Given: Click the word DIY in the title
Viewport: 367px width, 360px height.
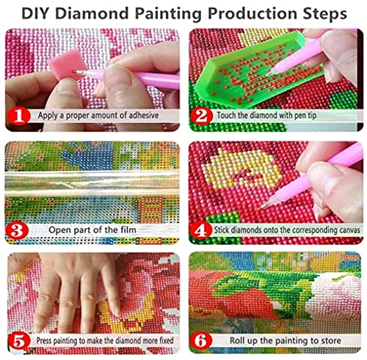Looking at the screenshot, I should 36,13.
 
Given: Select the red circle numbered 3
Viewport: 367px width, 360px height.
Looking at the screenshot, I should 21,230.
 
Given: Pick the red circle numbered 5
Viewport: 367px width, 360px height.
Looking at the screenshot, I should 21,341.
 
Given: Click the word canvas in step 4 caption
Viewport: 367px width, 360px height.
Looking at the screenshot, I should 344,230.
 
